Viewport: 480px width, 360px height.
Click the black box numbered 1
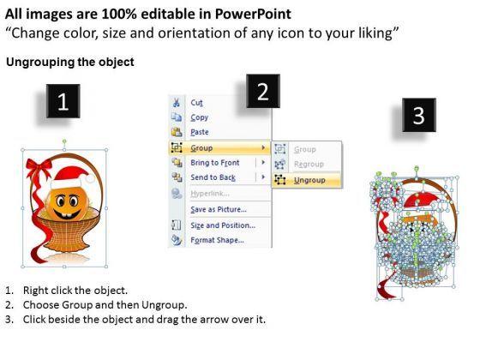click(63, 105)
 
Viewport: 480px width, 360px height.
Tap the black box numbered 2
click(263, 92)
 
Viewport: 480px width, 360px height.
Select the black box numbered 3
click(417, 117)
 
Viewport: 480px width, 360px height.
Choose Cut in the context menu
click(196, 102)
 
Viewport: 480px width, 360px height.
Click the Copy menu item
click(199, 117)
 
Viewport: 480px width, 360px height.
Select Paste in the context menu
click(200, 132)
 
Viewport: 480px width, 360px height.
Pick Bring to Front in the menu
click(214, 163)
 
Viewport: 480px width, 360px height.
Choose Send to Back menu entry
click(213, 177)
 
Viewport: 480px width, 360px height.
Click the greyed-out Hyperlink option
click(211, 195)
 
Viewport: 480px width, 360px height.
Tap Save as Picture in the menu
click(218, 210)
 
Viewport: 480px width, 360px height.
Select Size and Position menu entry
click(222, 225)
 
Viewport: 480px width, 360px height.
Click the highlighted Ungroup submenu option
click(309, 180)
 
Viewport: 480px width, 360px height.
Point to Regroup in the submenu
click(309, 164)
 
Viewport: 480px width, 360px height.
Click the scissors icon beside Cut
click(177, 102)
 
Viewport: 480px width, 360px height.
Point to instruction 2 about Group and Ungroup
click(103, 305)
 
